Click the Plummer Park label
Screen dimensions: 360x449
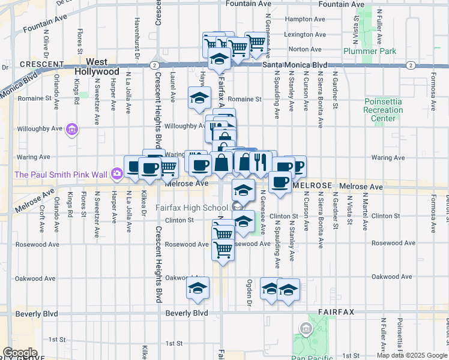(370, 52)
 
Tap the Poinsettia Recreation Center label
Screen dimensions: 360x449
(384, 110)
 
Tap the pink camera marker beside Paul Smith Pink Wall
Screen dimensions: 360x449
(117, 174)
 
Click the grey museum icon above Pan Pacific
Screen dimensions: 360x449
(306, 328)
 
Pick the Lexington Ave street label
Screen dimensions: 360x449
(306, 35)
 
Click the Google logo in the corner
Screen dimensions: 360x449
(20, 353)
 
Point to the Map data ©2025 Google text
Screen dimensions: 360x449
(411, 355)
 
